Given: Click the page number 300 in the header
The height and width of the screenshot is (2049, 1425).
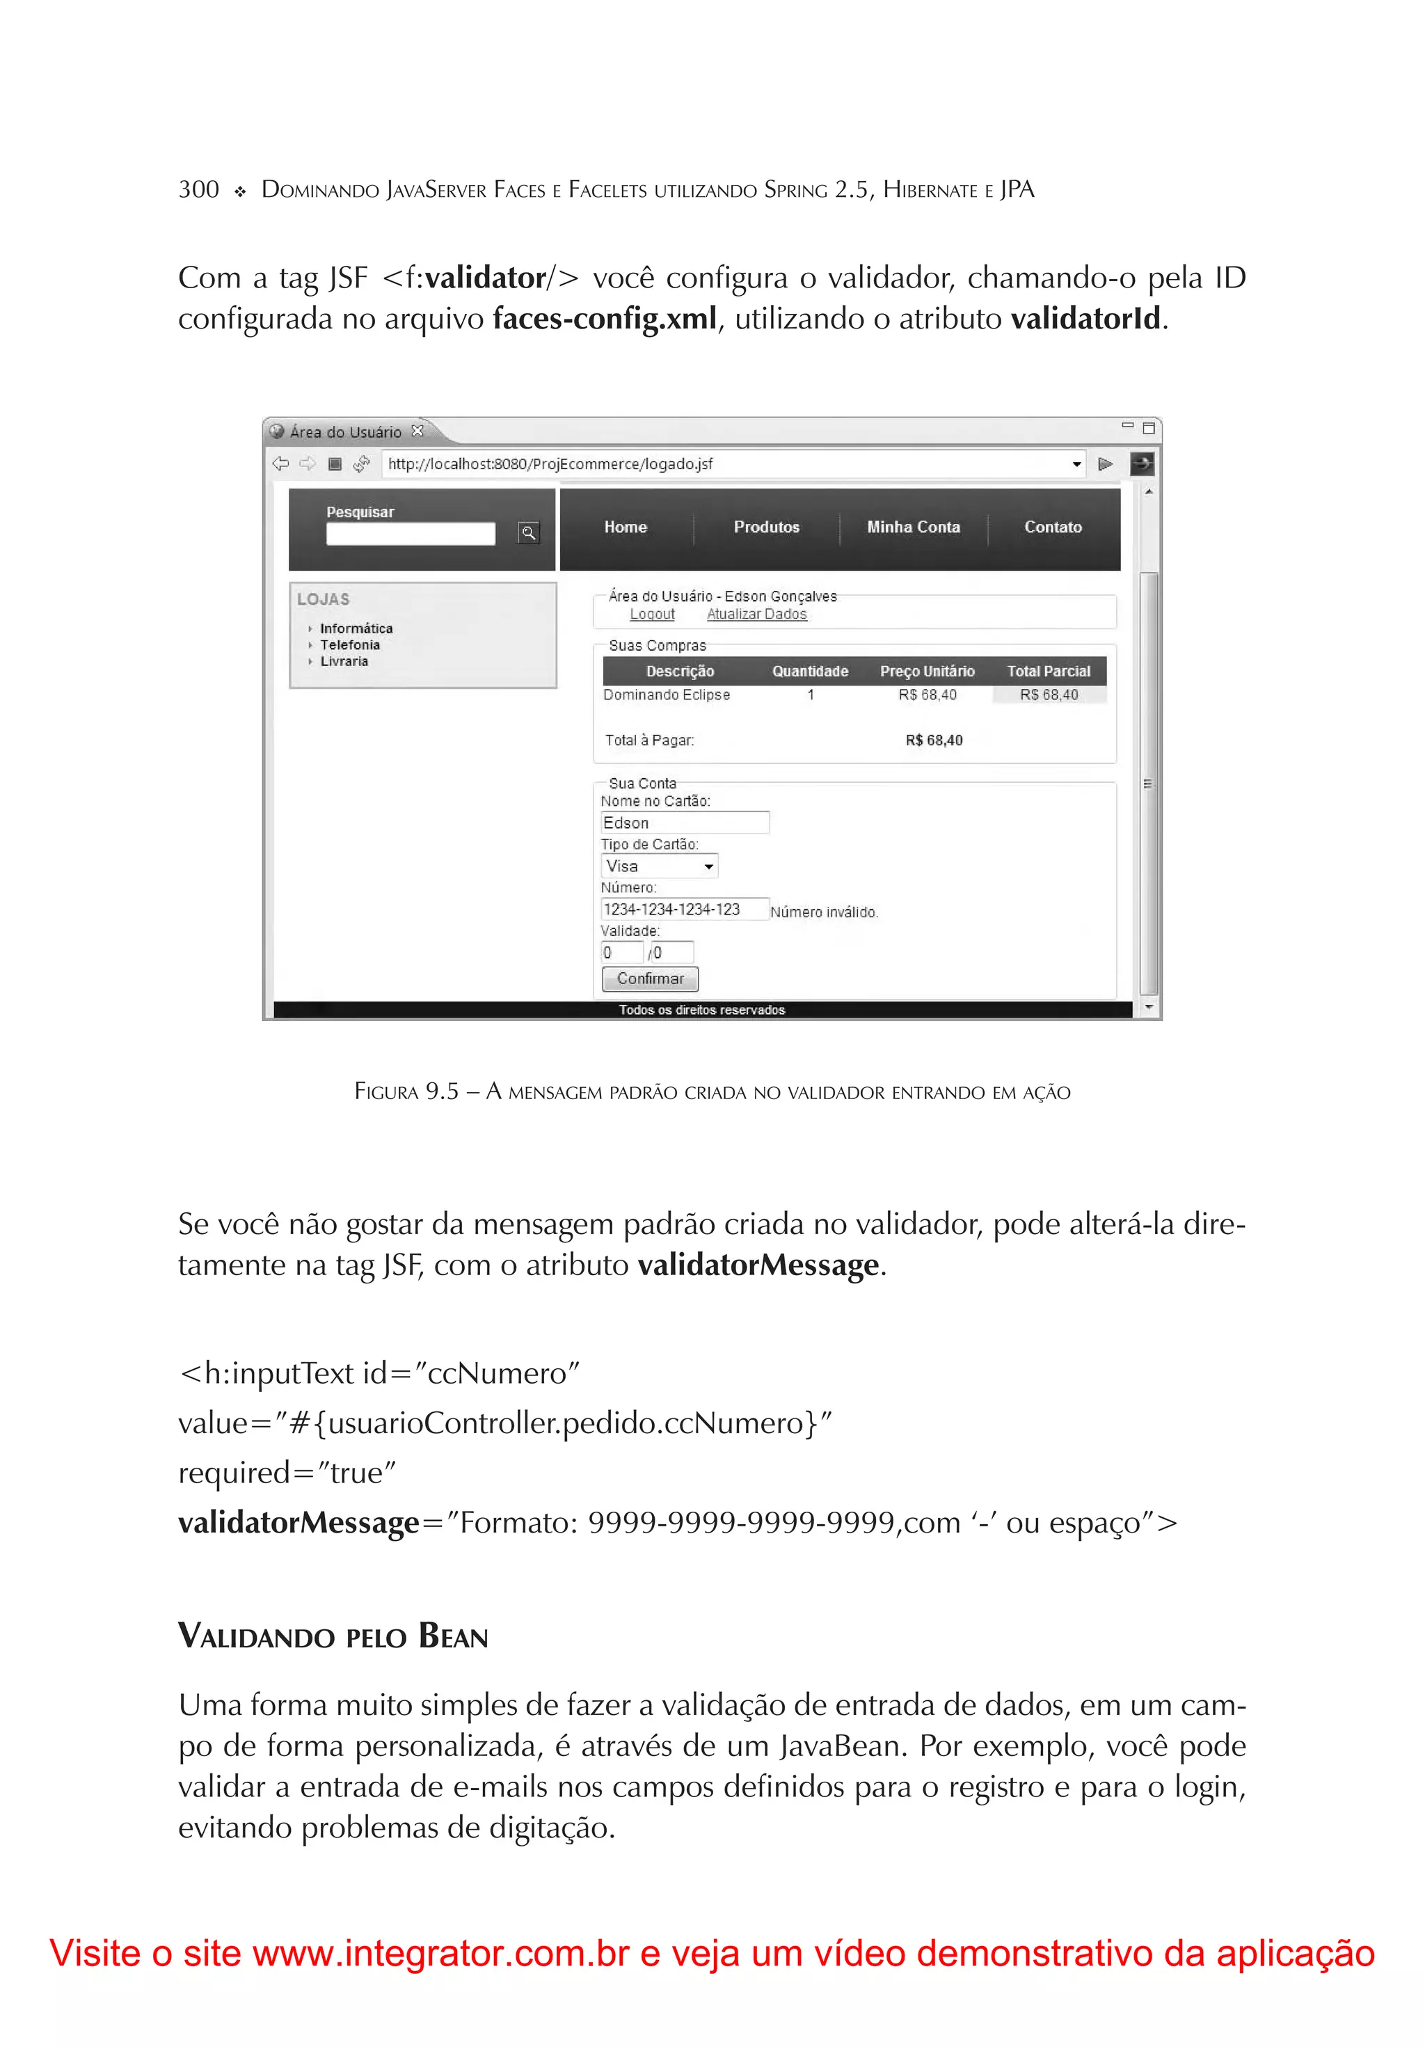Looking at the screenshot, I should (198, 190).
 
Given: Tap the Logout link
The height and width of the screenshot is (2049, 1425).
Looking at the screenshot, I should (651, 614).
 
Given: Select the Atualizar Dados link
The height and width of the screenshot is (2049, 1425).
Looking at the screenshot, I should (756, 614).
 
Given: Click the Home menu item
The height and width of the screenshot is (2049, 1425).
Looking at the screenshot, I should (625, 528).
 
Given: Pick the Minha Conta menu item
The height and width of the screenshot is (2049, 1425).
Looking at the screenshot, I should (913, 528).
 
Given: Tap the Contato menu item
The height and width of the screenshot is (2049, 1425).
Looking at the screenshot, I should (1053, 528).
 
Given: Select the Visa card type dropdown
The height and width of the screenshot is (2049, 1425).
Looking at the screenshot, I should (658, 867).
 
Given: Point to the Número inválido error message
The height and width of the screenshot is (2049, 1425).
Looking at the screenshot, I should (824, 912).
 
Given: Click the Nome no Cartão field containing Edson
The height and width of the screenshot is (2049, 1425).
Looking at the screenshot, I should (683, 823).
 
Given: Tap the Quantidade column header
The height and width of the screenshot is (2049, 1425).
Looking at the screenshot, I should (809, 671).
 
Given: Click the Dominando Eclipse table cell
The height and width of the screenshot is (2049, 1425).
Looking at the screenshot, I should (666, 695).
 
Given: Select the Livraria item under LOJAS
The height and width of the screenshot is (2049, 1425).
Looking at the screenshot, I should (344, 661).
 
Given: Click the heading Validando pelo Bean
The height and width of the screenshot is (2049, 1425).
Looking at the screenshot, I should (333, 1637).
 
